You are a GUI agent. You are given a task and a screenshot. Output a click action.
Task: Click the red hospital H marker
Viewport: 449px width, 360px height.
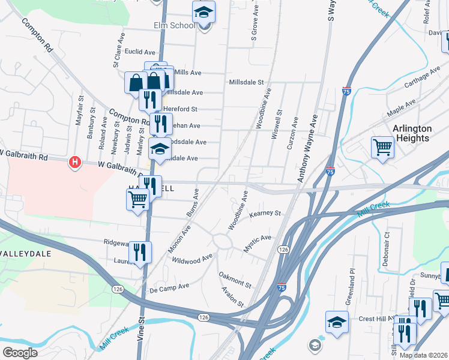(75, 162)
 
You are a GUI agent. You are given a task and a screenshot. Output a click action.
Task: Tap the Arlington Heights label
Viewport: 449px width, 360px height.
(412, 133)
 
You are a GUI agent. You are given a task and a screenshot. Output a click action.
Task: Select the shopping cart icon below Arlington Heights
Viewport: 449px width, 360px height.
(382, 146)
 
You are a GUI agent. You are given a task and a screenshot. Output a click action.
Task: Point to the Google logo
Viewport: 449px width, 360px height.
(20, 352)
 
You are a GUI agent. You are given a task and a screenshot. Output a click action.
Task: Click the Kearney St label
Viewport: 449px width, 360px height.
(265, 213)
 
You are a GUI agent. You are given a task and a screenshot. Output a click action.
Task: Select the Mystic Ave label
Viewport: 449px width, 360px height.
(257, 243)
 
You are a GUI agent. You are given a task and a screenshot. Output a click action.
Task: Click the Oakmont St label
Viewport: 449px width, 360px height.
(235, 280)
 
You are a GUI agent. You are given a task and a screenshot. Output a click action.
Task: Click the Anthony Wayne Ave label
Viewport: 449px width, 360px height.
(306, 148)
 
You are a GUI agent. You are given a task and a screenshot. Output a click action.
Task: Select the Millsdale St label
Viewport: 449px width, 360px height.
(246, 82)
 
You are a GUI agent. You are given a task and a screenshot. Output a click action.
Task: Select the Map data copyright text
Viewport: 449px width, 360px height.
(423, 355)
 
